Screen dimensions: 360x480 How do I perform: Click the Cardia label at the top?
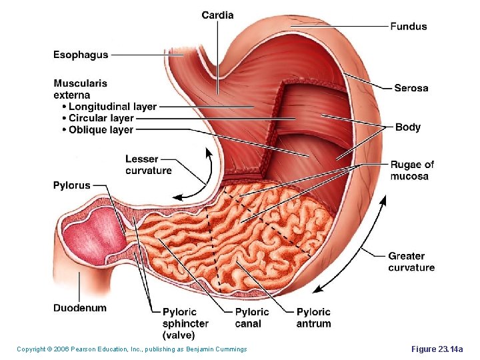[x=217, y=15]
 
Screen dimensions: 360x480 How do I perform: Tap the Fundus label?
[x=409, y=27]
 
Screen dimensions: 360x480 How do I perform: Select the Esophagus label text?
[x=81, y=55]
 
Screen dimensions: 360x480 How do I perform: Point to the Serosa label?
[x=411, y=88]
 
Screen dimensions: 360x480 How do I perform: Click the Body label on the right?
[x=408, y=127]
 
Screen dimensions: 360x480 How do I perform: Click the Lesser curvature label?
[x=148, y=165]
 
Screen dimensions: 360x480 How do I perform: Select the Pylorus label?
[x=71, y=185]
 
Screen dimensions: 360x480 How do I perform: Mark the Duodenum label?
[x=80, y=308]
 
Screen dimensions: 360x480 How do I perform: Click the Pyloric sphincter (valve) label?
[x=185, y=323]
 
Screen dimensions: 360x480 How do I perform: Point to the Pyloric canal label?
[x=252, y=317]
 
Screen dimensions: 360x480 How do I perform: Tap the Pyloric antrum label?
[x=313, y=317]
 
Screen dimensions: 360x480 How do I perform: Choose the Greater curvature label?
[x=411, y=261]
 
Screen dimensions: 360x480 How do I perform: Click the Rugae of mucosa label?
[x=412, y=170]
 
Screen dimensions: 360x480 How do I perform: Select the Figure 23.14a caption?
[x=441, y=349]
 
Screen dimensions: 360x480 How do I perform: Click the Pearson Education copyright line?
[x=131, y=349]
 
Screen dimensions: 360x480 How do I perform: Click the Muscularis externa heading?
[x=80, y=89]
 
